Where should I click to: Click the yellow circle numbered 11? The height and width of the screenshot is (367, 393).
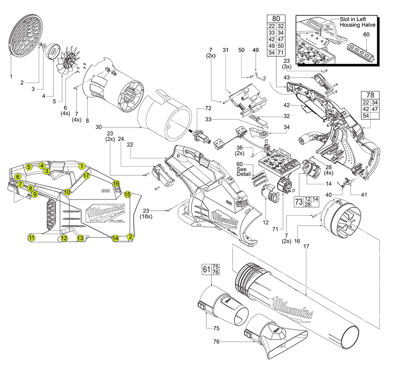[x=32, y=237]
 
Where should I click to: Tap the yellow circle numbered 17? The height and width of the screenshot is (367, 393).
[x=86, y=175]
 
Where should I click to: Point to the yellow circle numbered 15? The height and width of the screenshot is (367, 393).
[x=127, y=194]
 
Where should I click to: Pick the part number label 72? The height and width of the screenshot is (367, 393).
[x=208, y=108]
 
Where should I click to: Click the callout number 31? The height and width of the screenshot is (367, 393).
[x=225, y=50]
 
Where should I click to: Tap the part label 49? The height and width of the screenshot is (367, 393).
[x=256, y=50]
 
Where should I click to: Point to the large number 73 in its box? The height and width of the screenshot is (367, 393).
[x=299, y=202]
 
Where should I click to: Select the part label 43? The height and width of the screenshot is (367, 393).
[x=287, y=77]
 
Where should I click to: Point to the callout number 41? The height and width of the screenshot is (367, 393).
[x=354, y=195]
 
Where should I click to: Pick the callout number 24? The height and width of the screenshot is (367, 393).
[x=121, y=139]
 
